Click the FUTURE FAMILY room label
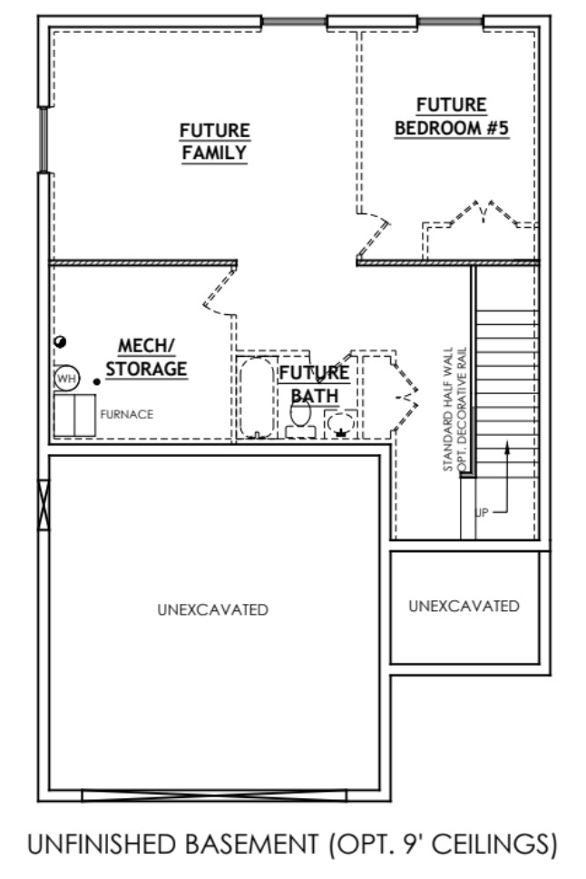pos(214,142)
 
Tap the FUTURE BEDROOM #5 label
pos(452,117)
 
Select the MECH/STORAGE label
pos(146,357)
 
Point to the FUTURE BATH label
pos(314,384)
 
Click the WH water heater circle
pos(66,377)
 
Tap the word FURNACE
pos(126,414)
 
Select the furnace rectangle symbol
pos(73,415)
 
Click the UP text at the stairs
pos(482,512)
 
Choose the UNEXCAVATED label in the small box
pos(464,606)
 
